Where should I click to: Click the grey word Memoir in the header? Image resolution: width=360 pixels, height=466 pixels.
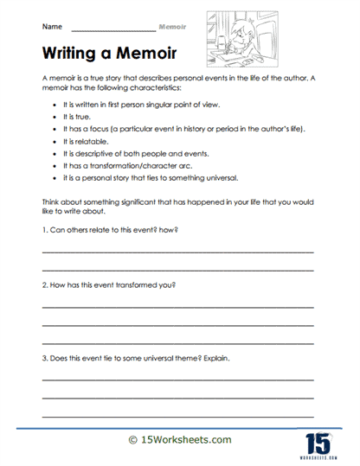pos(173,27)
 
